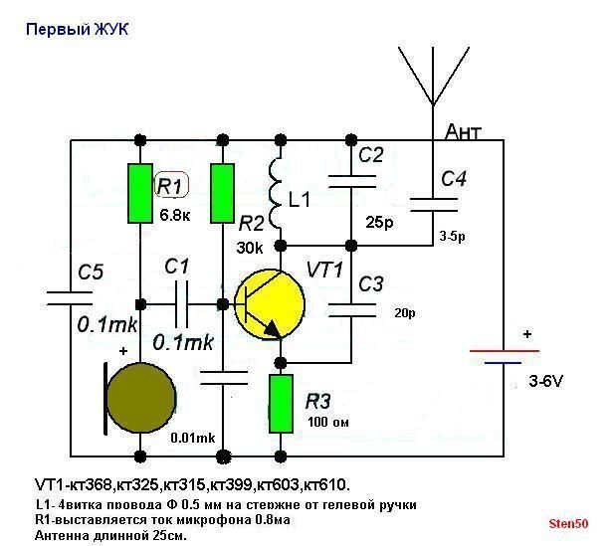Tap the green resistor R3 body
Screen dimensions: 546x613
(281, 404)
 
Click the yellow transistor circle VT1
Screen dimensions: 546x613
(269, 303)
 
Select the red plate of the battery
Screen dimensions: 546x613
(505, 350)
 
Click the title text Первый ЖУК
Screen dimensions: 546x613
(77, 30)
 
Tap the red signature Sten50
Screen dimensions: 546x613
(568, 522)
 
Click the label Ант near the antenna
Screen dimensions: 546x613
(465, 132)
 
